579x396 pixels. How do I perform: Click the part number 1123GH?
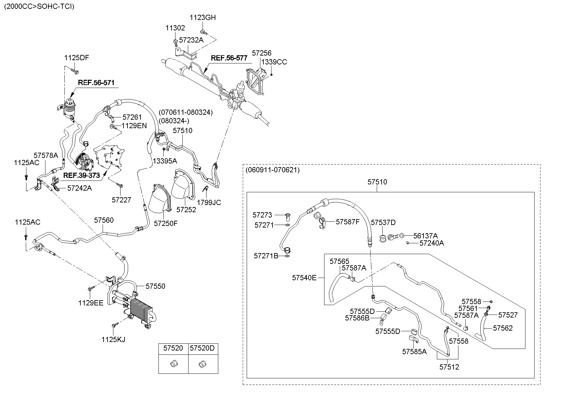[203, 18]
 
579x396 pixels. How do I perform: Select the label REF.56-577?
[229, 58]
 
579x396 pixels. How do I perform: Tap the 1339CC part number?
[274, 62]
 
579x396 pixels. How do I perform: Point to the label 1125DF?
[76, 58]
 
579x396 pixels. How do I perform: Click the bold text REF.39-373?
[81, 175]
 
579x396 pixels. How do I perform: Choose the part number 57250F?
[166, 223]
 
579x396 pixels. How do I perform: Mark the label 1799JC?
[209, 202]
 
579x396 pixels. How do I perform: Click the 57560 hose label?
[104, 220]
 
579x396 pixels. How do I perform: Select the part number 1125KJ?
[113, 339]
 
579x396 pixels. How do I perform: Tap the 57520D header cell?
[202, 348]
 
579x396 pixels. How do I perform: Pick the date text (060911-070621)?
[272, 170]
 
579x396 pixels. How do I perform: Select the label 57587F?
[347, 222]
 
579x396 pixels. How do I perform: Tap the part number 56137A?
[425, 235]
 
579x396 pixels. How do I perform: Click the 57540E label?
[304, 278]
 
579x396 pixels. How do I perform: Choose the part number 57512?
[449, 367]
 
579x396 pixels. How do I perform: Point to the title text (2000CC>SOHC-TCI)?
[39, 7]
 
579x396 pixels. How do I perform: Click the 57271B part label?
[266, 256]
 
